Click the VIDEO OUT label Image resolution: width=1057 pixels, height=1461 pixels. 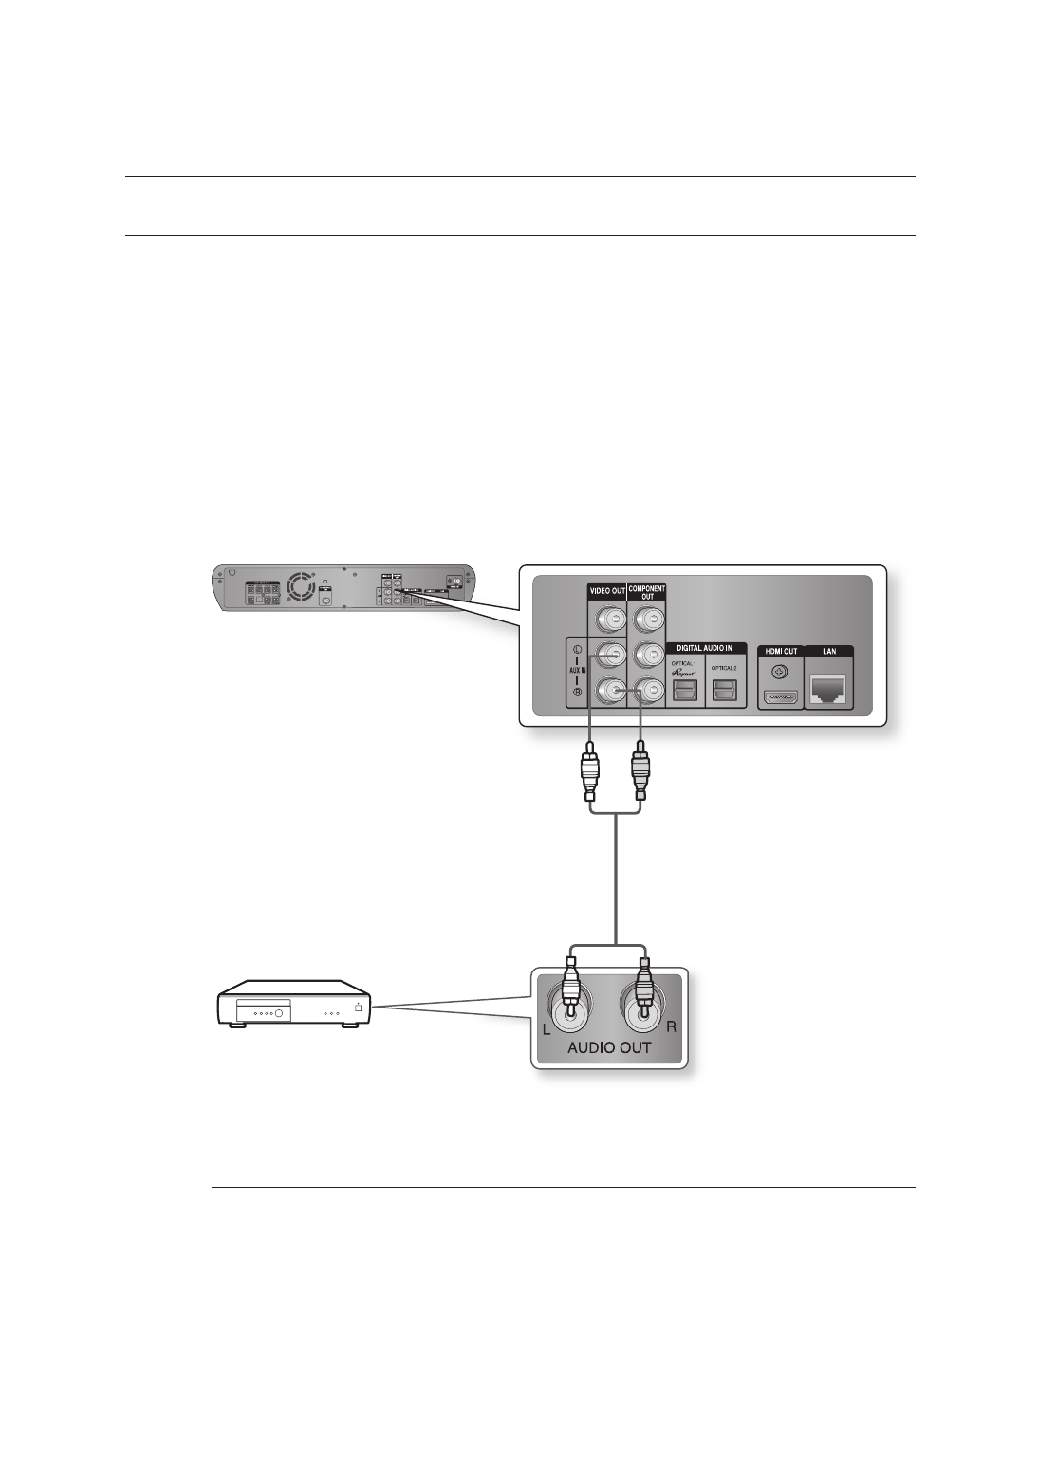click(x=606, y=590)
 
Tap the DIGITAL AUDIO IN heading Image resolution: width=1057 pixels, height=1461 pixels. click(x=704, y=648)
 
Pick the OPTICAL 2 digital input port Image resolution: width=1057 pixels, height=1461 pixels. click(x=726, y=693)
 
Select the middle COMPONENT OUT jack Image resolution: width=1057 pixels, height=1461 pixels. click(x=647, y=657)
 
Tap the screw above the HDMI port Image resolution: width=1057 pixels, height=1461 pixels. click(x=779, y=674)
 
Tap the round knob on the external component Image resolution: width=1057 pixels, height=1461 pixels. click(x=279, y=1013)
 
